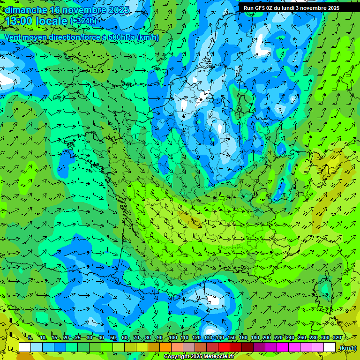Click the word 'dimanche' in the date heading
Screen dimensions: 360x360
point(26,10)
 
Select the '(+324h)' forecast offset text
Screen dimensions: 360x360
point(83,21)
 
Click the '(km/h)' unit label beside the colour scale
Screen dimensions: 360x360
point(347,348)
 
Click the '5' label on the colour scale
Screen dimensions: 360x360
point(30,338)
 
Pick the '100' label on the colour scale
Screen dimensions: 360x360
point(172,338)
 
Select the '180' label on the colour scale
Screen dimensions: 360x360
point(255,338)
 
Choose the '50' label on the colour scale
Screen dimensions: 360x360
point(113,338)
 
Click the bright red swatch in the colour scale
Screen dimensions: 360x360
point(224,347)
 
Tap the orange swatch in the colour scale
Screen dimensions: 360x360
point(165,347)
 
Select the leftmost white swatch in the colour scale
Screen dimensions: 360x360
point(25,347)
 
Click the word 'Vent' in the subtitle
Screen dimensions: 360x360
point(14,37)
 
